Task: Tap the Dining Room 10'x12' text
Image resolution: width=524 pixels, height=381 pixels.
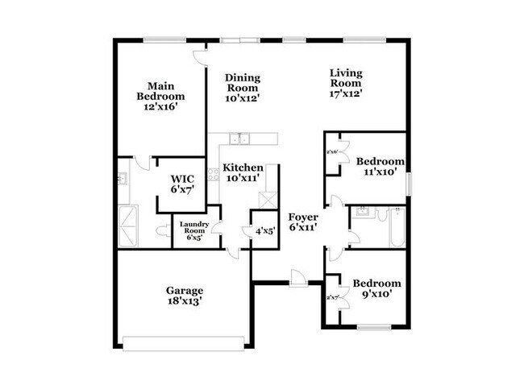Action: [x=242, y=87]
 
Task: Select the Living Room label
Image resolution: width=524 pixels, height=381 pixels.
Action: [x=345, y=83]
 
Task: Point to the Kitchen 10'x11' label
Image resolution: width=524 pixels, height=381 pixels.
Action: [x=243, y=172]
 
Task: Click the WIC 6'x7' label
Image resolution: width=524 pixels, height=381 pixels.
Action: [x=181, y=183]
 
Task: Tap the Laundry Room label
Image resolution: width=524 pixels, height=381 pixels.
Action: [x=194, y=230]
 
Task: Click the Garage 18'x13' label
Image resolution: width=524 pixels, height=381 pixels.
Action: [x=185, y=295]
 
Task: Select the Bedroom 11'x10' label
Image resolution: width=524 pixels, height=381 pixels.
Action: [x=380, y=166]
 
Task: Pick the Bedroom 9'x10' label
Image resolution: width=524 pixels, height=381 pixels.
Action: [x=376, y=288]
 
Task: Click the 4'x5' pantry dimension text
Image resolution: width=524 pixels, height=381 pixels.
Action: [x=264, y=230]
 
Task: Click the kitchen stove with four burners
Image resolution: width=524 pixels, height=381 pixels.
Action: [x=213, y=173]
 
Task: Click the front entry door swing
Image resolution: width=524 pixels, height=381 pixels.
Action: [x=297, y=276]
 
